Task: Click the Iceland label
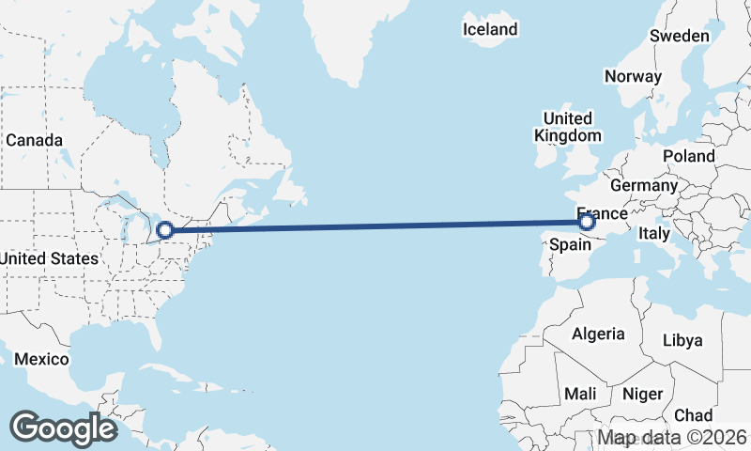(x=490, y=29)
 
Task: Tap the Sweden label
(x=680, y=36)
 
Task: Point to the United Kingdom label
(x=568, y=127)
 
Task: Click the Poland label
(x=688, y=156)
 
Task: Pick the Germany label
(x=643, y=185)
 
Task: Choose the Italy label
(x=654, y=232)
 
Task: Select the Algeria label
(x=598, y=334)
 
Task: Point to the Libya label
(x=682, y=340)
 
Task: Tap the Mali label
(x=580, y=394)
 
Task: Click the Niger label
(x=643, y=394)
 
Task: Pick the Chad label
(x=693, y=415)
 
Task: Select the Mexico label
(x=41, y=360)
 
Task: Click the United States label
(x=49, y=258)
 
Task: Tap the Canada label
(x=34, y=140)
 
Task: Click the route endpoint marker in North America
(x=165, y=229)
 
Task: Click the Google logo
(x=64, y=428)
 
